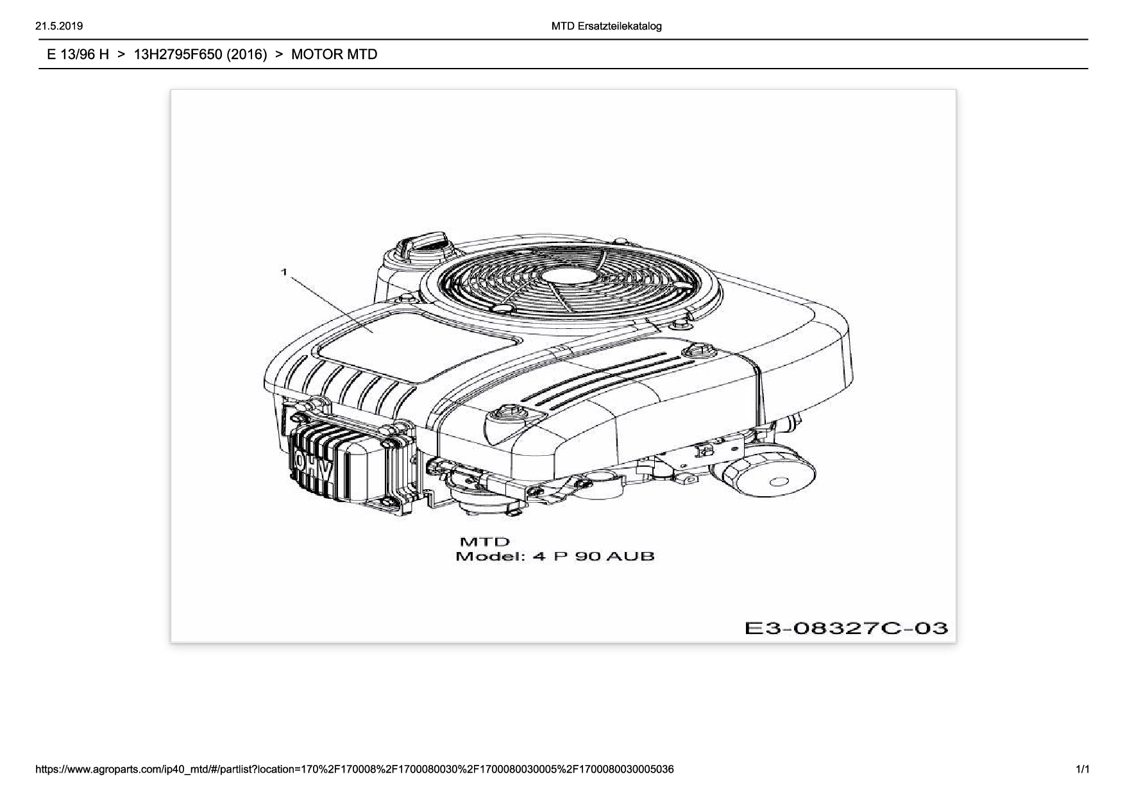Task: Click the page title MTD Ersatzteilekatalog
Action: (606, 26)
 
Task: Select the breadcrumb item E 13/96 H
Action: (78, 54)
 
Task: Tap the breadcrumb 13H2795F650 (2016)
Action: (199, 54)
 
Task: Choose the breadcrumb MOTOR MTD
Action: (334, 54)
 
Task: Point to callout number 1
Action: (283, 272)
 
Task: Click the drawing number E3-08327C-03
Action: (845, 628)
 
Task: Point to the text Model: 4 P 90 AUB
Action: (555, 556)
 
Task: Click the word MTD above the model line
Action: (484, 542)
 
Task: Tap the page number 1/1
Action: (1083, 769)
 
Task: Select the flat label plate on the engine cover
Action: (417, 343)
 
